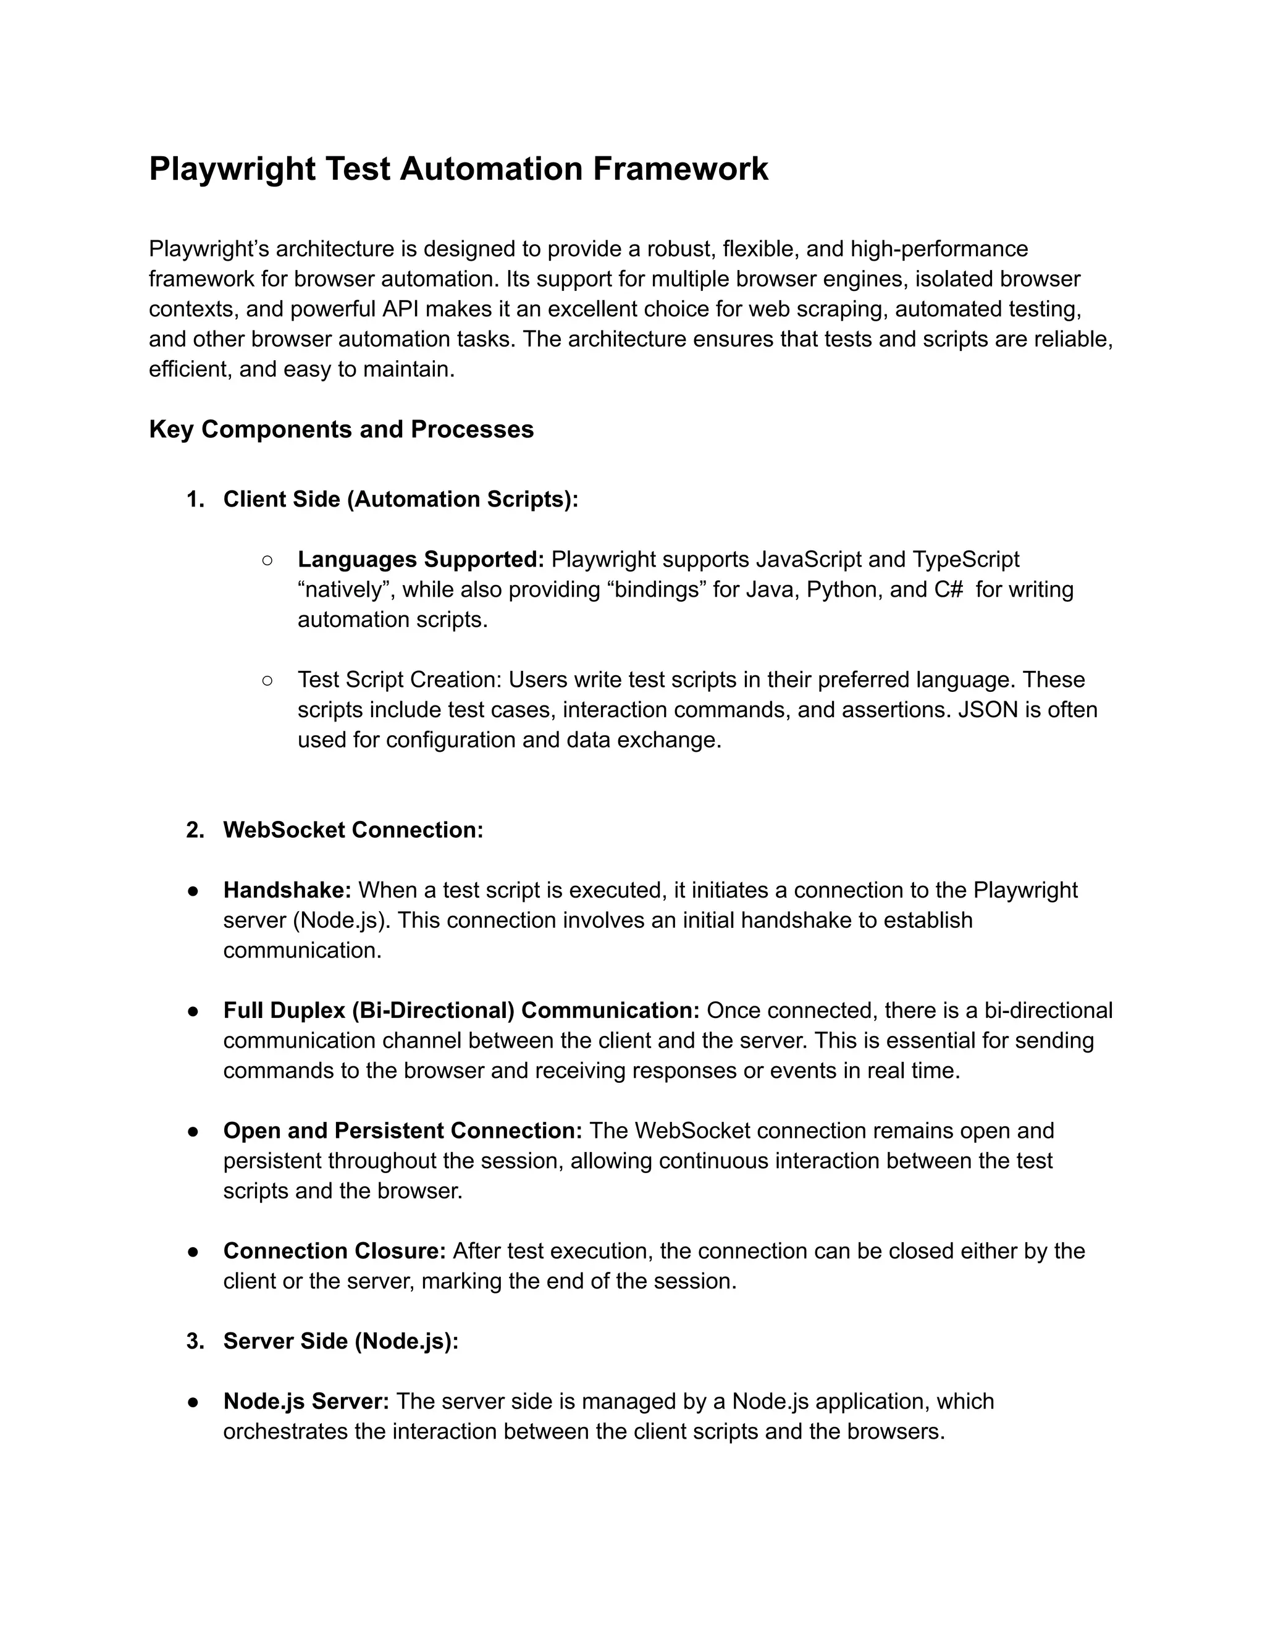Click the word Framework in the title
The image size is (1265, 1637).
[681, 169]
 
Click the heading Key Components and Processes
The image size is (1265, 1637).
[341, 429]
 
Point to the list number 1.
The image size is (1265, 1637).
[195, 499]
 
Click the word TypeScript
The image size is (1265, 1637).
[966, 559]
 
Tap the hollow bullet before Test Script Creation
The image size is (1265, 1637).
[267, 680]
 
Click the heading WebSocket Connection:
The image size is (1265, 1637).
[353, 830]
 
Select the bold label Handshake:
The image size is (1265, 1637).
[287, 890]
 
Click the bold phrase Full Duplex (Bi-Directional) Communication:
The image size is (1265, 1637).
[461, 1011]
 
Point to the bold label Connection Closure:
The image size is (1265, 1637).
[334, 1251]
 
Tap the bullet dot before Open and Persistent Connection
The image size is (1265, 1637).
[193, 1131]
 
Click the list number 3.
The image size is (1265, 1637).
[195, 1341]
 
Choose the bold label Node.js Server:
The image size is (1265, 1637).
[306, 1401]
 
